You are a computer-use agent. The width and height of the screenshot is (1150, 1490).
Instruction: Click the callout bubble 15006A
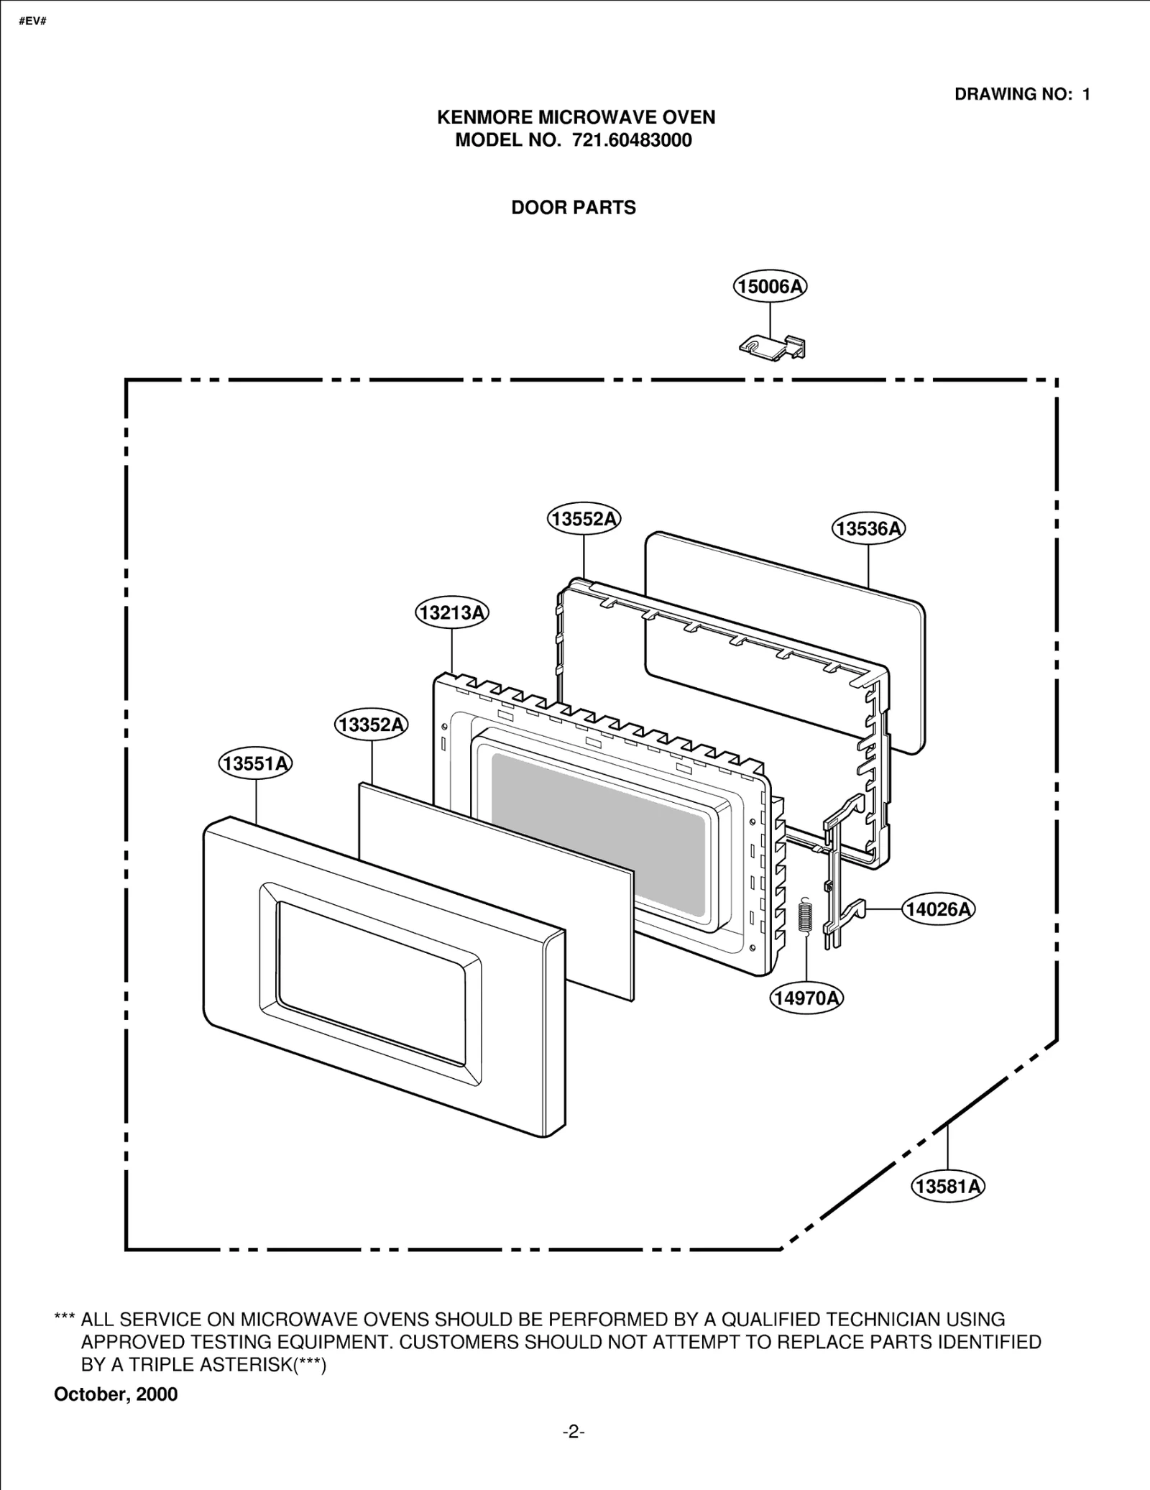pos(770,287)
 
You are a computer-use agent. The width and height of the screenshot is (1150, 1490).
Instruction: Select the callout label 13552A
pos(584,518)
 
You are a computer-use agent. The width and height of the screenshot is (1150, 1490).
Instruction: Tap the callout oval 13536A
pos(868,528)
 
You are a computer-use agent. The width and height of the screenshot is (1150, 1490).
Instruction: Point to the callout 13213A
pos(452,612)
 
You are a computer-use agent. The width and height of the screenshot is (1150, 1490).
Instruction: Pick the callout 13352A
pos(371,725)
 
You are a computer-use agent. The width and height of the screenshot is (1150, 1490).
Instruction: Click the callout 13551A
pos(256,763)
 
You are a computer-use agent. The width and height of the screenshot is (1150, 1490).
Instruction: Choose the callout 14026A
pos(938,909)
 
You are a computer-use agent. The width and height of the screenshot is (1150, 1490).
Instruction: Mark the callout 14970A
pos(806,998)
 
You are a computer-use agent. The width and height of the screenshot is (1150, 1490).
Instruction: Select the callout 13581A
pos(947,1185)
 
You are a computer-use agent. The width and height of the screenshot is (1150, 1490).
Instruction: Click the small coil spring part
pos(806,917)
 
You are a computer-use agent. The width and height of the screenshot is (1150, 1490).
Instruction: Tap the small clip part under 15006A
pos(773,346)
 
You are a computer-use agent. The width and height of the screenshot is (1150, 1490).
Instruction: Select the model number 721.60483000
pos(632,140)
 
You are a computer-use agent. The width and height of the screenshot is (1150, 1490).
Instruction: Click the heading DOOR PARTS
pos(574,208)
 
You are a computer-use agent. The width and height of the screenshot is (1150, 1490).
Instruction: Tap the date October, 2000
pos(116,1394)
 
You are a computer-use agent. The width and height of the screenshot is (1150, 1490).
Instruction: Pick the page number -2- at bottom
pos(574,1432)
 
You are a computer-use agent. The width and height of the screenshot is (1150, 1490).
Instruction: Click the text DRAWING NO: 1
pos(1022,94)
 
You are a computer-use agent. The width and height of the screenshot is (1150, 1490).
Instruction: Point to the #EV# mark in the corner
pos(33,21)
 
